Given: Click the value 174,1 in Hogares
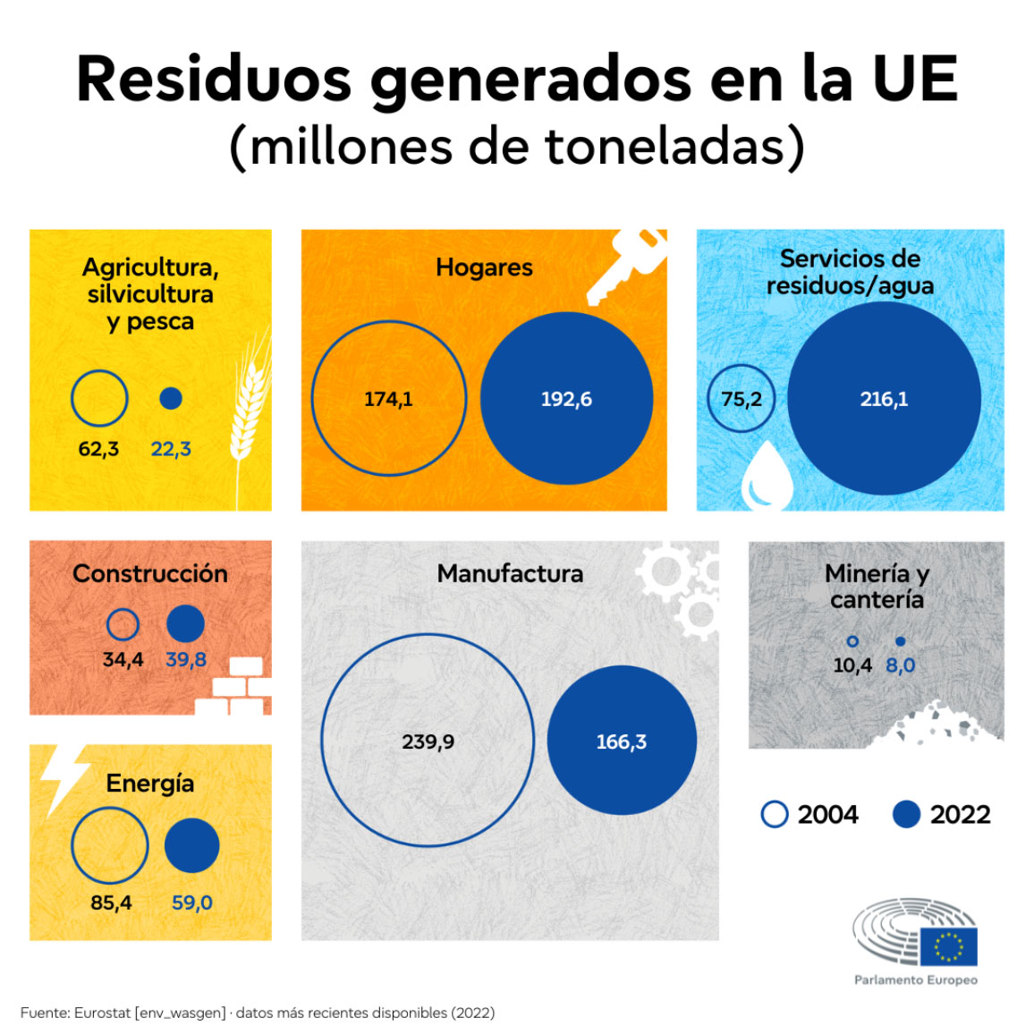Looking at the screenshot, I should [388, 399].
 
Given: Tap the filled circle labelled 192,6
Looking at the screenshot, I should [566, 399].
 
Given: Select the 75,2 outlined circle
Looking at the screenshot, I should [742, 399].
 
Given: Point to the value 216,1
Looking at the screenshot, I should [884, 399].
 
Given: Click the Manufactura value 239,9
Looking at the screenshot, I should [428, 742].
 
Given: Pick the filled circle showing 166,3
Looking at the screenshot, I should [622, 741].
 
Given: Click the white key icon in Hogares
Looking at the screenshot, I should [629, 266].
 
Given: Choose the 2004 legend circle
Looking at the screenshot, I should [775, 814].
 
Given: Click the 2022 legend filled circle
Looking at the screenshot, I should [906, 814].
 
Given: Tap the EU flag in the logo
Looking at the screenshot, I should [948, 946].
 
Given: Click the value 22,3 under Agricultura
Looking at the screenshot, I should [171, 449].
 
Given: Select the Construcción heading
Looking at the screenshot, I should [150, 573].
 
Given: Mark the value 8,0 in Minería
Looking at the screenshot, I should [900, 665].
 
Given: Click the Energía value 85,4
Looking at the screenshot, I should [111, 903].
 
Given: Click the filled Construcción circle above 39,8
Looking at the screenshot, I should [185, 623].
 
